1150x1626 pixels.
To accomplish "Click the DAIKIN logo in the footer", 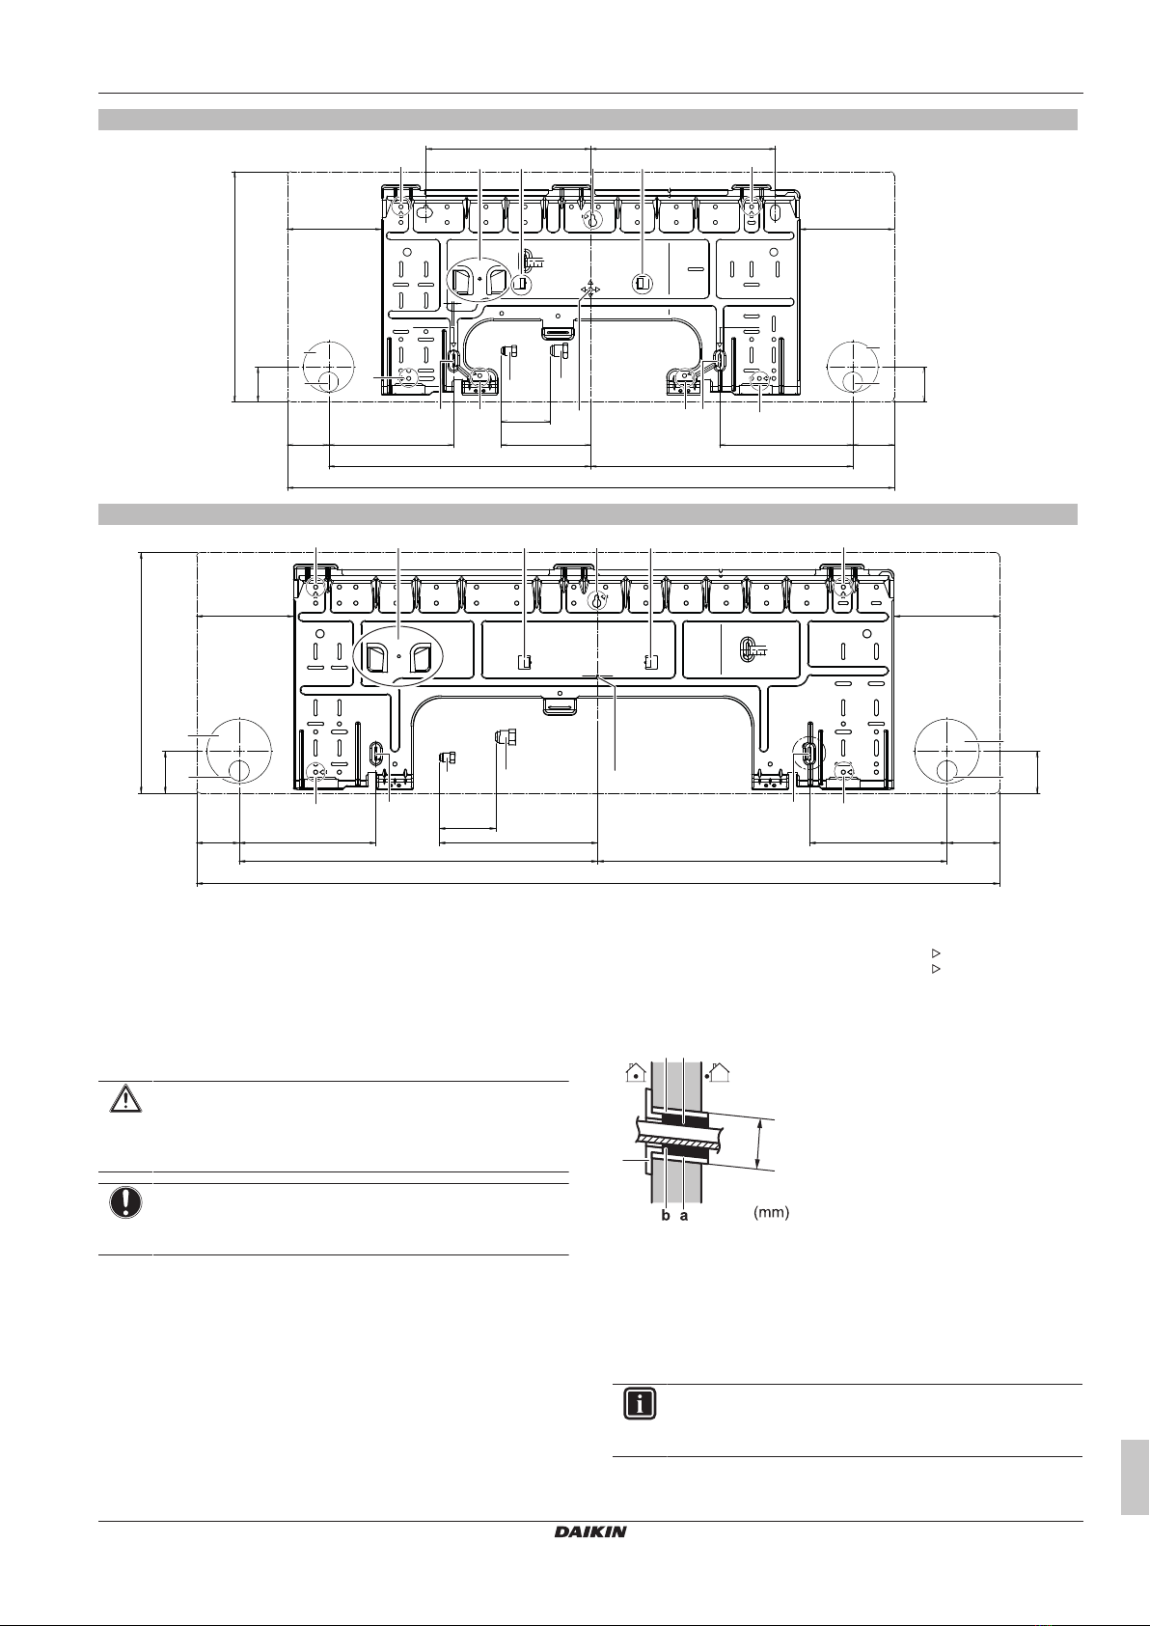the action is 590,1531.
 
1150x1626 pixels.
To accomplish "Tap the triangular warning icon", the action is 125,1099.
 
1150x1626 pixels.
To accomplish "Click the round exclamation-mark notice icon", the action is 125,1203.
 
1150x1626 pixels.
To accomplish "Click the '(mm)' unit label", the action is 771,1212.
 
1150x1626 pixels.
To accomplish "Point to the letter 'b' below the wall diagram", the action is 666,1216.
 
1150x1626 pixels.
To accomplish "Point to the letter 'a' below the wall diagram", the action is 683,1217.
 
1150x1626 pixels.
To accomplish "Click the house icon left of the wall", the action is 637,1072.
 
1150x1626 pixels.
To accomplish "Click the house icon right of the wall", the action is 719,1072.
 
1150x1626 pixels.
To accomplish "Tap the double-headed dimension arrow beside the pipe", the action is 759,1144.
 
